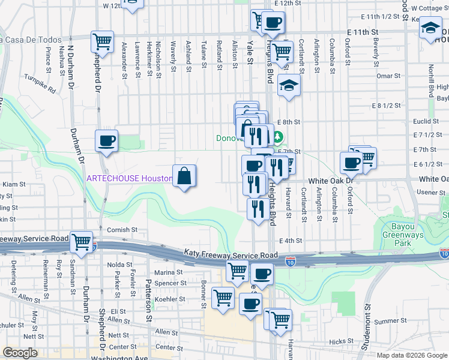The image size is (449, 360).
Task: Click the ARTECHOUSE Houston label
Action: point(129,179)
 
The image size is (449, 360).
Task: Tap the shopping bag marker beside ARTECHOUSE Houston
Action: point(185,176)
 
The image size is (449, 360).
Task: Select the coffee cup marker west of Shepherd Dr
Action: point(106,142)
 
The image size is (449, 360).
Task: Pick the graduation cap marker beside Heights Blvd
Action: point(289,86)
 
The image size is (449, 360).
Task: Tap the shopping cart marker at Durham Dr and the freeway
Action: point(81,242)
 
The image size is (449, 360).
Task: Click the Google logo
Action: point(20,353)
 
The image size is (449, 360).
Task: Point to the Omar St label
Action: point(388,76)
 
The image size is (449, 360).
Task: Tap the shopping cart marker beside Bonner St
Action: point(223,298)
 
